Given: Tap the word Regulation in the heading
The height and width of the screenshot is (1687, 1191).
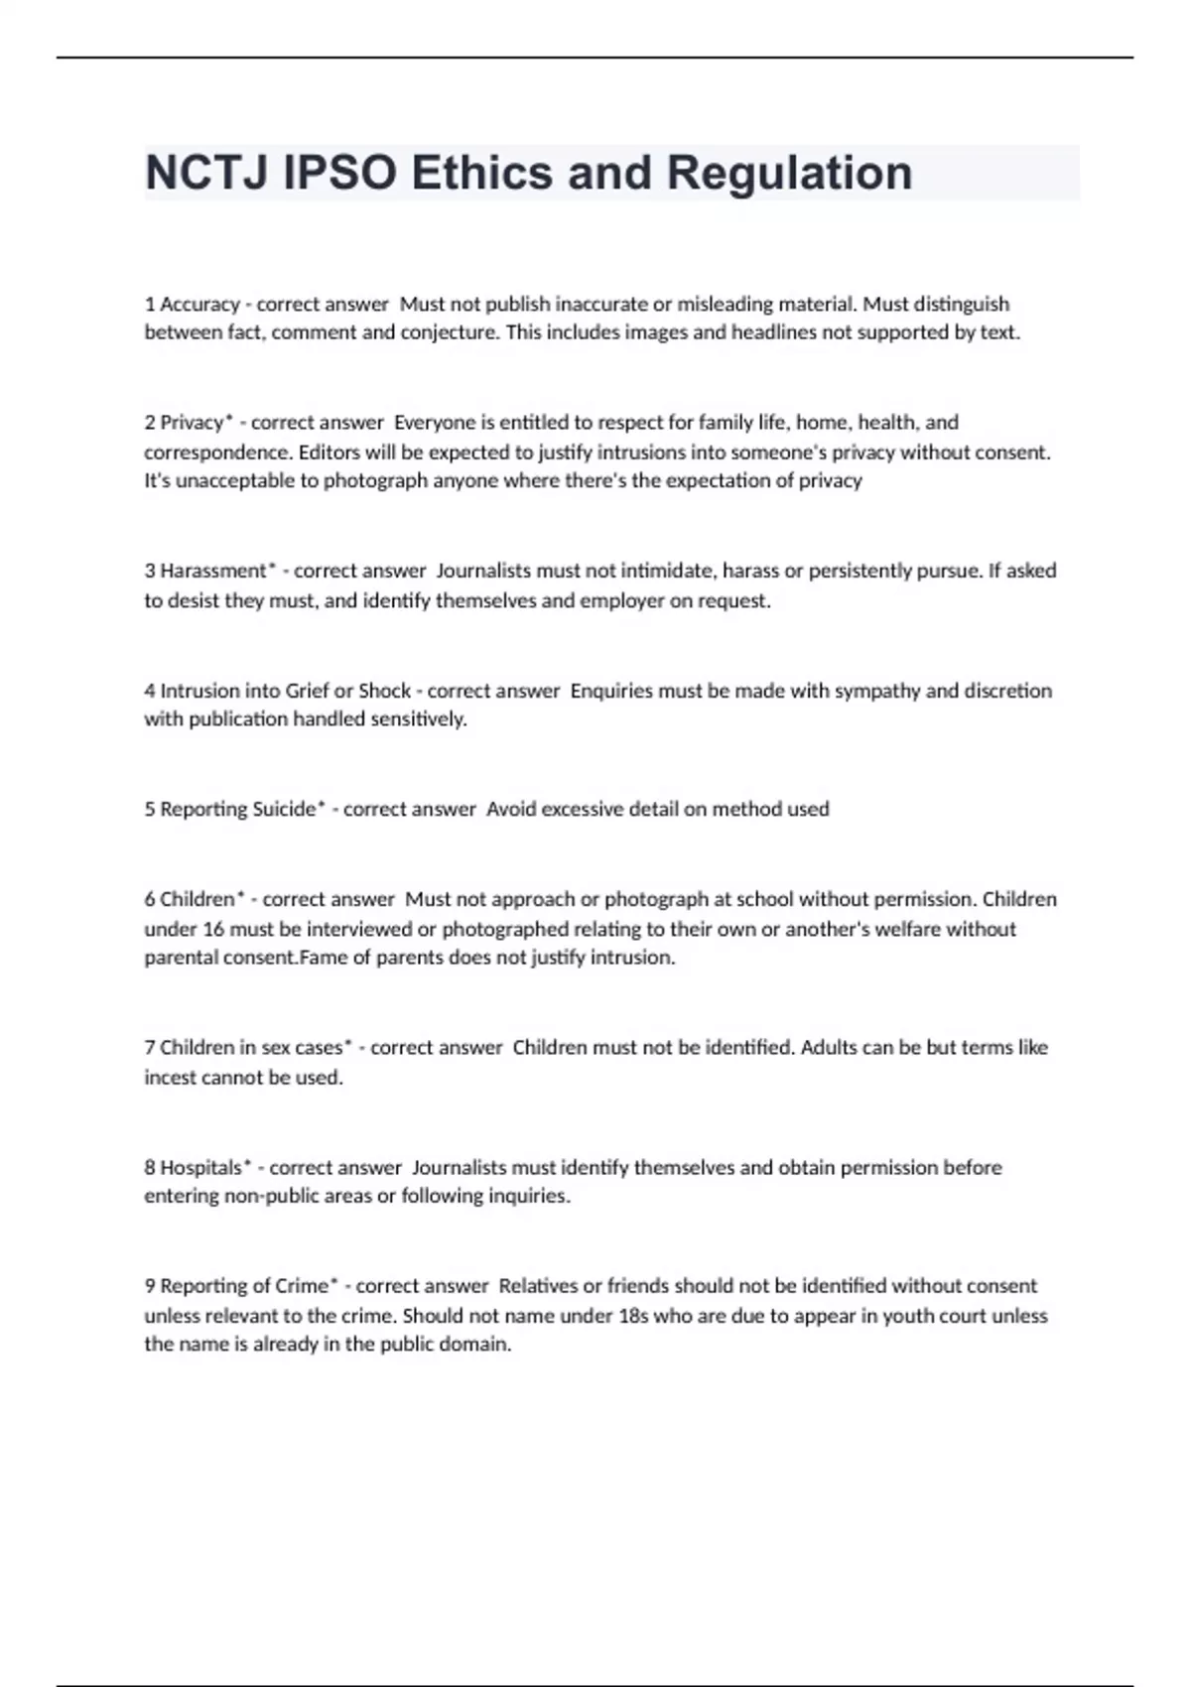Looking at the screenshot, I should pyautogui.click(x=789, y=173).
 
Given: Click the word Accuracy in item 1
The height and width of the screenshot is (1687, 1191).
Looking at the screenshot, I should pyautogui.click(x=199, y=304).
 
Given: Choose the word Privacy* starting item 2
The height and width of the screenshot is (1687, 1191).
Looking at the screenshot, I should pyautogui.click(x=197, y=423).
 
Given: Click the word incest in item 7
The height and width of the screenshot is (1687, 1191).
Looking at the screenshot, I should pyautogui.click(x=170, y=1078).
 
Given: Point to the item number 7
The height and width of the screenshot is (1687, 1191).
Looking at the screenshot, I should pyautogui.click(x=150, y=1048).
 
